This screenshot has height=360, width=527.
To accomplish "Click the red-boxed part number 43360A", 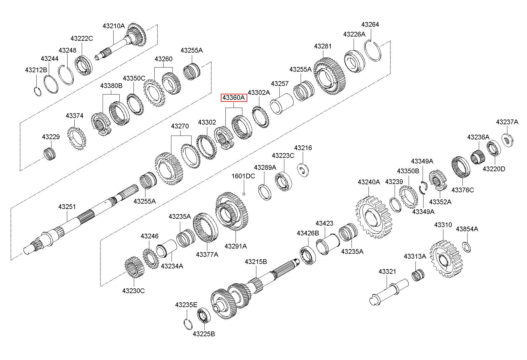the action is point(233,98).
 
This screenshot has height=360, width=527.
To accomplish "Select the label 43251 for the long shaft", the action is point(67,207).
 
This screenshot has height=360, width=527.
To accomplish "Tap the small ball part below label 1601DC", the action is point(244,194).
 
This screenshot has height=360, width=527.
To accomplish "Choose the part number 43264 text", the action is point(370,24).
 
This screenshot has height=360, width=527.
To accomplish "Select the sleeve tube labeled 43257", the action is point(281,104).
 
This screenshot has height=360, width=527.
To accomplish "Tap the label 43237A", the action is point(507,122).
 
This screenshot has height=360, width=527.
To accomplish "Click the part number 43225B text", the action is point(204,334).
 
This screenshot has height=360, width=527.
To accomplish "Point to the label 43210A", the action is point(114,26).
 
